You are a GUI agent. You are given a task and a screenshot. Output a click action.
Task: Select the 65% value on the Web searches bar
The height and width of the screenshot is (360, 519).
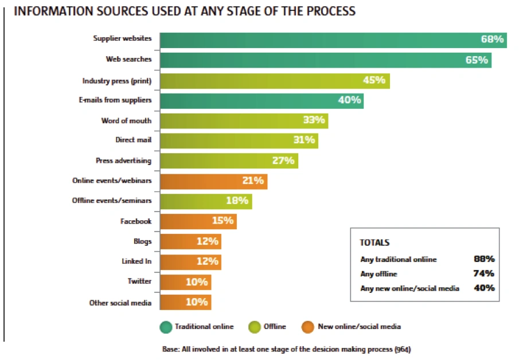pyautogui.click(x=477, y=60)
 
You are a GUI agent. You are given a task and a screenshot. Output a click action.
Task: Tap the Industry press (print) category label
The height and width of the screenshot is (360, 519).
pyautogui.click(x=117, y=81)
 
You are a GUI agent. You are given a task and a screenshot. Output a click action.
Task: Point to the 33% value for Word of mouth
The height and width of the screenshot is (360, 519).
pyautogui.click(x=314, y=120)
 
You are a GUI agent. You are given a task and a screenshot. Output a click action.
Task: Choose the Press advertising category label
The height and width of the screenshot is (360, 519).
pyautogui.click(x=124, y=161)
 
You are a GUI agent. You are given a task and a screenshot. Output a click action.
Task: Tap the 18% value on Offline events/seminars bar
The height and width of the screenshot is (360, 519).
pyautogui.click(x=237, y=201)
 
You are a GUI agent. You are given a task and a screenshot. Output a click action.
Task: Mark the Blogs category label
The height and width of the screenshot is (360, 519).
pyautogui.click(x=142, y=241)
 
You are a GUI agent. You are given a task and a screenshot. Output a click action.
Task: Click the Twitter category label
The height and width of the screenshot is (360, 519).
pyautogui.click(x=140, y=281)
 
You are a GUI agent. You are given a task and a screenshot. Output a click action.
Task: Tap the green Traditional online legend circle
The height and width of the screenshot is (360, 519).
pyautogui.click(x=166, y=327)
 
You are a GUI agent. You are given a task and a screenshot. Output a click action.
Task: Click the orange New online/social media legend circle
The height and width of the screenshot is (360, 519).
pyautogui.click(x=309, y=327)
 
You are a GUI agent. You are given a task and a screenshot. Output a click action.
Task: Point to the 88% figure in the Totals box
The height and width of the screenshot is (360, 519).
pyautogui.click(x=484, y=259)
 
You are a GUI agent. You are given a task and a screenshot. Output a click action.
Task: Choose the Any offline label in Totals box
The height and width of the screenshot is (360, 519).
pyautogui.click(x=378, y=274)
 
